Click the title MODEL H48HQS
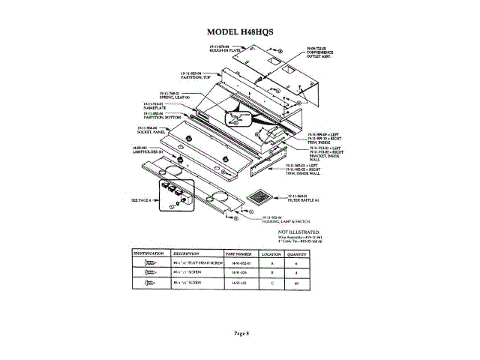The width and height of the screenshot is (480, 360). [240, 32]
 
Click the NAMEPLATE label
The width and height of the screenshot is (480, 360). [153, 106]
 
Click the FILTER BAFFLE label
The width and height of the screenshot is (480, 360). [303, 202]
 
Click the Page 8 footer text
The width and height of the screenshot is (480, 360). [240, 333]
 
